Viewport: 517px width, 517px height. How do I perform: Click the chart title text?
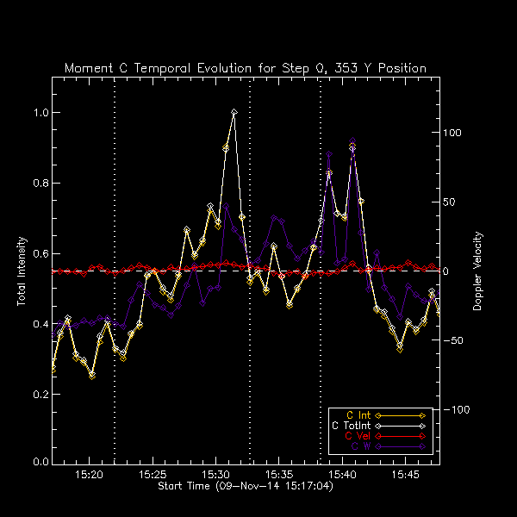246,68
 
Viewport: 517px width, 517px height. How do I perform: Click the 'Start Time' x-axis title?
246,486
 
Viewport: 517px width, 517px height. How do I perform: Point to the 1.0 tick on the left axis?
40,113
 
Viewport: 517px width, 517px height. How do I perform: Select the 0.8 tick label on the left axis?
40,183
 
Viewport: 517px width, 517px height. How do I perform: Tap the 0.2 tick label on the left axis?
40,393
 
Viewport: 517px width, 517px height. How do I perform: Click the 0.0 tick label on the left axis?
40,463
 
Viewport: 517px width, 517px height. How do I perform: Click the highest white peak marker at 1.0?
234,112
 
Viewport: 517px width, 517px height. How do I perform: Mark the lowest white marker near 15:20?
92,375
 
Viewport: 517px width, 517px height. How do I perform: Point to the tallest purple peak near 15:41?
352,140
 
